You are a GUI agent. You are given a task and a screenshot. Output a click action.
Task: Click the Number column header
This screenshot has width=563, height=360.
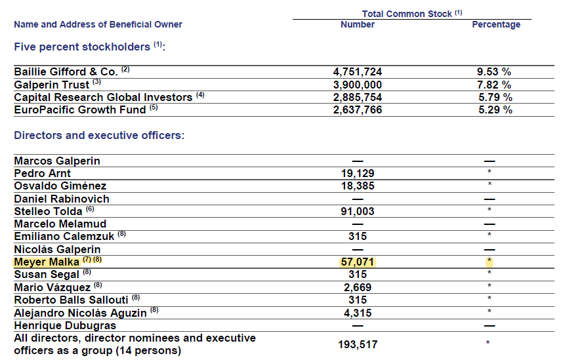click(357, 24)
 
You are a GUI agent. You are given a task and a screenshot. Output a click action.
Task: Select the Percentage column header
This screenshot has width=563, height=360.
click(496, 25)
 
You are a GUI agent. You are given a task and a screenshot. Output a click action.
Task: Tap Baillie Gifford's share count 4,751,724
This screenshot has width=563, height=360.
click(357, 71)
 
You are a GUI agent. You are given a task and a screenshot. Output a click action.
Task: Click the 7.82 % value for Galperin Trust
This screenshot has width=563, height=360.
click(494, 85)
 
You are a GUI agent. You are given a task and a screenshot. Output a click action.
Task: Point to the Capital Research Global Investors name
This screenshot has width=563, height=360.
click(103, 97)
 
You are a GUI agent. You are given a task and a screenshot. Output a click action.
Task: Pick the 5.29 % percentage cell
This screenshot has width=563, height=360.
click(495, 110)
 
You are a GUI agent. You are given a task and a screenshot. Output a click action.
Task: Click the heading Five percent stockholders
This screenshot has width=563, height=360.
click(82, 47)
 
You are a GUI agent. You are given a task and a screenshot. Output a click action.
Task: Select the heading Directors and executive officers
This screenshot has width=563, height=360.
click(99, 135)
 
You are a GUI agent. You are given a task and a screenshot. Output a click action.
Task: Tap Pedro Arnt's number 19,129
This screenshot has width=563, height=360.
click(357, 173)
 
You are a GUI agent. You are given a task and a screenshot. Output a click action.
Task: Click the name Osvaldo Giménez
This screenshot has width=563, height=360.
click(60, 186)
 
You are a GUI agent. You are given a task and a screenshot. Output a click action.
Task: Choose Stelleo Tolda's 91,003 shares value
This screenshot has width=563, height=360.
click(357, 211)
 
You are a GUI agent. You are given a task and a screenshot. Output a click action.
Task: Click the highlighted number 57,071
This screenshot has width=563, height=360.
click(357, 262)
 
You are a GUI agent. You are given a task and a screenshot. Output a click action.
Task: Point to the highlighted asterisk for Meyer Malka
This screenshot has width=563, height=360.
click(489, 260)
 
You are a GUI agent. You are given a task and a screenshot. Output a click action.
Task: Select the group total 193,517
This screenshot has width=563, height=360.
click(358, 344)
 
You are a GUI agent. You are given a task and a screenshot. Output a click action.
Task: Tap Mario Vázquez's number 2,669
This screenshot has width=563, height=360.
click(357, 287)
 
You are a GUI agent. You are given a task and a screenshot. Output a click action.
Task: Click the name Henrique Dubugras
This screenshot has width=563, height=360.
click(65, 325)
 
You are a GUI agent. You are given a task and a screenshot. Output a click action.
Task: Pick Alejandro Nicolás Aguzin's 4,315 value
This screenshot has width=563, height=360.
click(357, 313)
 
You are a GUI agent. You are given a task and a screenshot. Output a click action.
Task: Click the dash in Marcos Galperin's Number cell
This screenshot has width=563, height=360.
click(358, 161)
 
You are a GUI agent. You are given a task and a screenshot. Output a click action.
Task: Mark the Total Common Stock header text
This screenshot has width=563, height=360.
click(406, 14)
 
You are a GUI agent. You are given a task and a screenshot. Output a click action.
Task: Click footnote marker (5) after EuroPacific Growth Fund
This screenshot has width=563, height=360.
click(154, 108)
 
